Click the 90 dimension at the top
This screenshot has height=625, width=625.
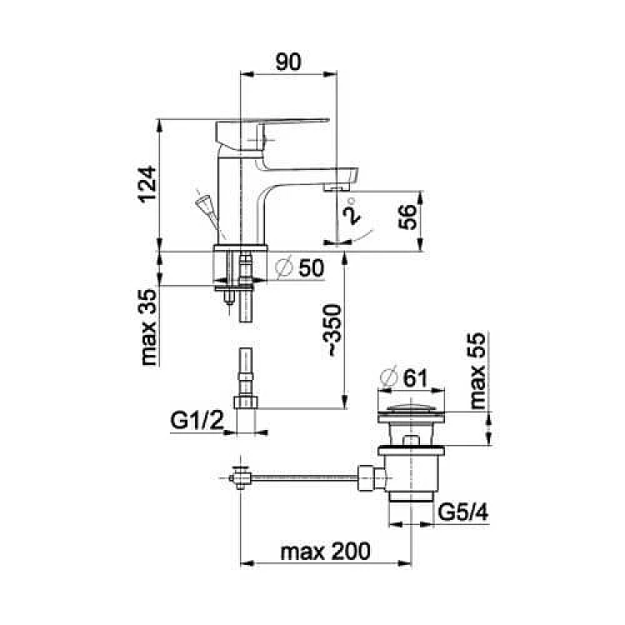[x=288, y=62]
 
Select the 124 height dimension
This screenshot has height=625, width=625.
[x=147, y=184]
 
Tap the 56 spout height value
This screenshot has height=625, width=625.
[x=407, y=217]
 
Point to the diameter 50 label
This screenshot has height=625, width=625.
[x=300, y=267]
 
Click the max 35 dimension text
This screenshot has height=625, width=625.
[x=148, y=327]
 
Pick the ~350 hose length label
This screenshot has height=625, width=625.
[x=332, y=330]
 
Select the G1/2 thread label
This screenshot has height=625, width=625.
[x=197, y=420]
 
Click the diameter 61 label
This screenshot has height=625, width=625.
[x=404, y=377]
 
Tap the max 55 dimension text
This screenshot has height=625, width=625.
[x=477, y=371]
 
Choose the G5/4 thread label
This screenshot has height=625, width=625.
[x=463, y=512]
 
